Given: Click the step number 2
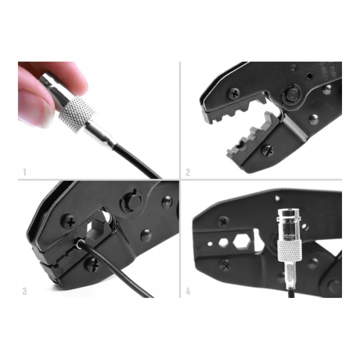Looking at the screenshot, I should tap(188, 171).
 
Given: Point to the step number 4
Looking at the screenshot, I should tap(188, 291).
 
